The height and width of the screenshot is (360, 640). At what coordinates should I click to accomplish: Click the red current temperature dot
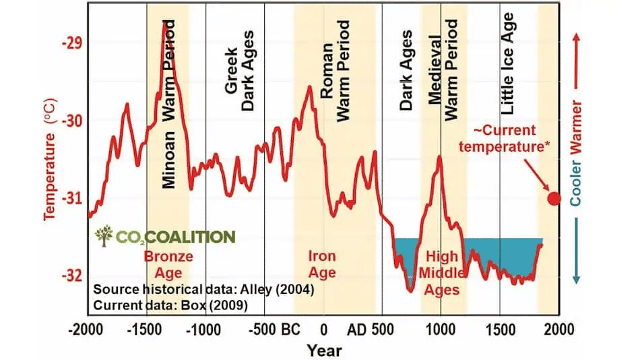(554, 198)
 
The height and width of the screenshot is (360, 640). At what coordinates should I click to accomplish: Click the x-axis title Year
(324, 351)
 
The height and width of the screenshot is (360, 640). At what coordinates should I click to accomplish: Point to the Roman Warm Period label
(335, 71)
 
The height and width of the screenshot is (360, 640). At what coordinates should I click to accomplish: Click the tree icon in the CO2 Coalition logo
(104, 235)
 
